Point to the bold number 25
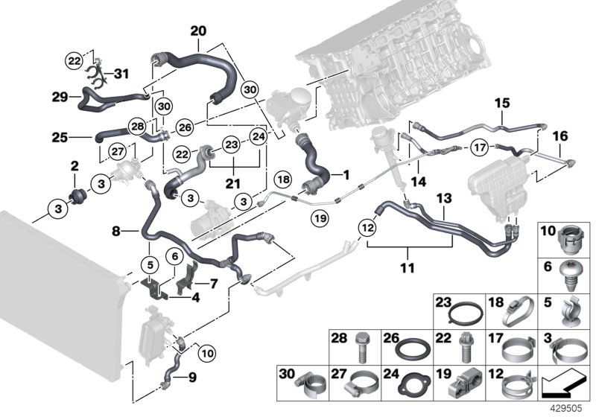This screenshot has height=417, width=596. pos(61,136)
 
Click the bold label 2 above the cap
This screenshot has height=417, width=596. pos(74,164)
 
